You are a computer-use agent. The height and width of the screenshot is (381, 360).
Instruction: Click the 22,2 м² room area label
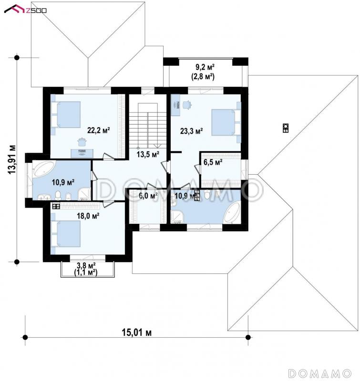tap(99, 130)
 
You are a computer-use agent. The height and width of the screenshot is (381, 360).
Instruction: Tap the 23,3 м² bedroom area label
tap(191, 131)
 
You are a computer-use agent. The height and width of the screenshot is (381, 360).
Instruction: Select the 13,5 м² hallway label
tap(148, 154)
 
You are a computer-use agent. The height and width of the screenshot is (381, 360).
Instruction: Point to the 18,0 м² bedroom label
tap(88, 216)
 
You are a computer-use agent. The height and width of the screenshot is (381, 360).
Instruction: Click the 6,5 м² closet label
tap(213, 162)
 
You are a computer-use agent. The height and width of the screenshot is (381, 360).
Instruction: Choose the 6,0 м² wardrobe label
tap(148, 195)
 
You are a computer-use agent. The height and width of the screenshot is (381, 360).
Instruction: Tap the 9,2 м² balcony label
tap(205, 66)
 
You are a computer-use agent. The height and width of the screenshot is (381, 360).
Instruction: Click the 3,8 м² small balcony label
tap(86, 265)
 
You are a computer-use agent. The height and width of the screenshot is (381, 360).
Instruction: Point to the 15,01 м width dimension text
tap(136, 332)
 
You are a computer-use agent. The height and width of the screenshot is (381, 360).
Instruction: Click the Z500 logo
tap(25, 9)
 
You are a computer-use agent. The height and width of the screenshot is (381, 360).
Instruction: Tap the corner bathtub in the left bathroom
tap(43, 169)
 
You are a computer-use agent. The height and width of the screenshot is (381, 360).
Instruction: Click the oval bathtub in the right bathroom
tap(231, 212)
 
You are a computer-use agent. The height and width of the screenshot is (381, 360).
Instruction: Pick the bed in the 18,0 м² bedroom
tap(65, 234)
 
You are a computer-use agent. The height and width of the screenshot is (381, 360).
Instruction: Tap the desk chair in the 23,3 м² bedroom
tap(186, 104)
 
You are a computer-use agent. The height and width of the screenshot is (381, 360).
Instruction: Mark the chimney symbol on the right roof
tap(286, 128)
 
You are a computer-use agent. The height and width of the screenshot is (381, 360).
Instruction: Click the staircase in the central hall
tap(148, 126)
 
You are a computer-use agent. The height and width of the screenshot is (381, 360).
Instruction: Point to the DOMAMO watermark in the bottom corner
tap(319, 373)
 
